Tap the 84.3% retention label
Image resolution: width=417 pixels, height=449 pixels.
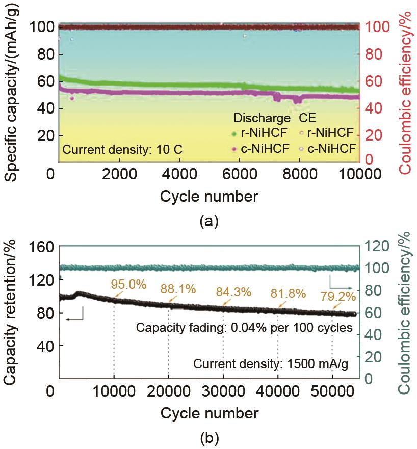tap(233, 292)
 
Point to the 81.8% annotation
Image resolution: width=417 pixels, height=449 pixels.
tap(288, 293)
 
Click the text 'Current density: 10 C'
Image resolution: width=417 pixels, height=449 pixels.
tap(122, 150)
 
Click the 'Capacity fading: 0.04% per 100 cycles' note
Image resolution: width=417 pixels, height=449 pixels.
tap(244, 328)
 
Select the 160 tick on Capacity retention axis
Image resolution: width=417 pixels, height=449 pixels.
tap(43, 247)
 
